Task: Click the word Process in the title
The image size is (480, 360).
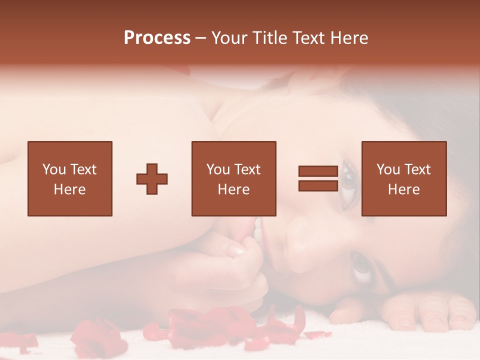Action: pyautogui.click(x=157, y=38)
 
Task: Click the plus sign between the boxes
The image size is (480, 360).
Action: pyautogui.click(x=152, y=178)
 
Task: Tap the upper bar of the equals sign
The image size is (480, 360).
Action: pyautogui.click(x=318, y=171)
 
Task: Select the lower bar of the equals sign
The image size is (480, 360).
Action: pyautogui.click(x=318, y=185)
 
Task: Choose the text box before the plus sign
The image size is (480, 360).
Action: pyautogui.click(x=69, y=178)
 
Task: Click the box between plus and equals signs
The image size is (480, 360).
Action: pyautogui.click(x=233, y=178)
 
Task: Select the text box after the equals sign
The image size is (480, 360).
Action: pyautogui.click(x=403, y=178)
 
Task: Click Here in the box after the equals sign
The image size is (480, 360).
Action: pyautogui.click(x=403, y=189)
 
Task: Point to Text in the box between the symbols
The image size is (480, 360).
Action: pyautogui.click(x=248, y=169)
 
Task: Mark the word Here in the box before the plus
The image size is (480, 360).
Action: pyautogui.click(x=69, y=189)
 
